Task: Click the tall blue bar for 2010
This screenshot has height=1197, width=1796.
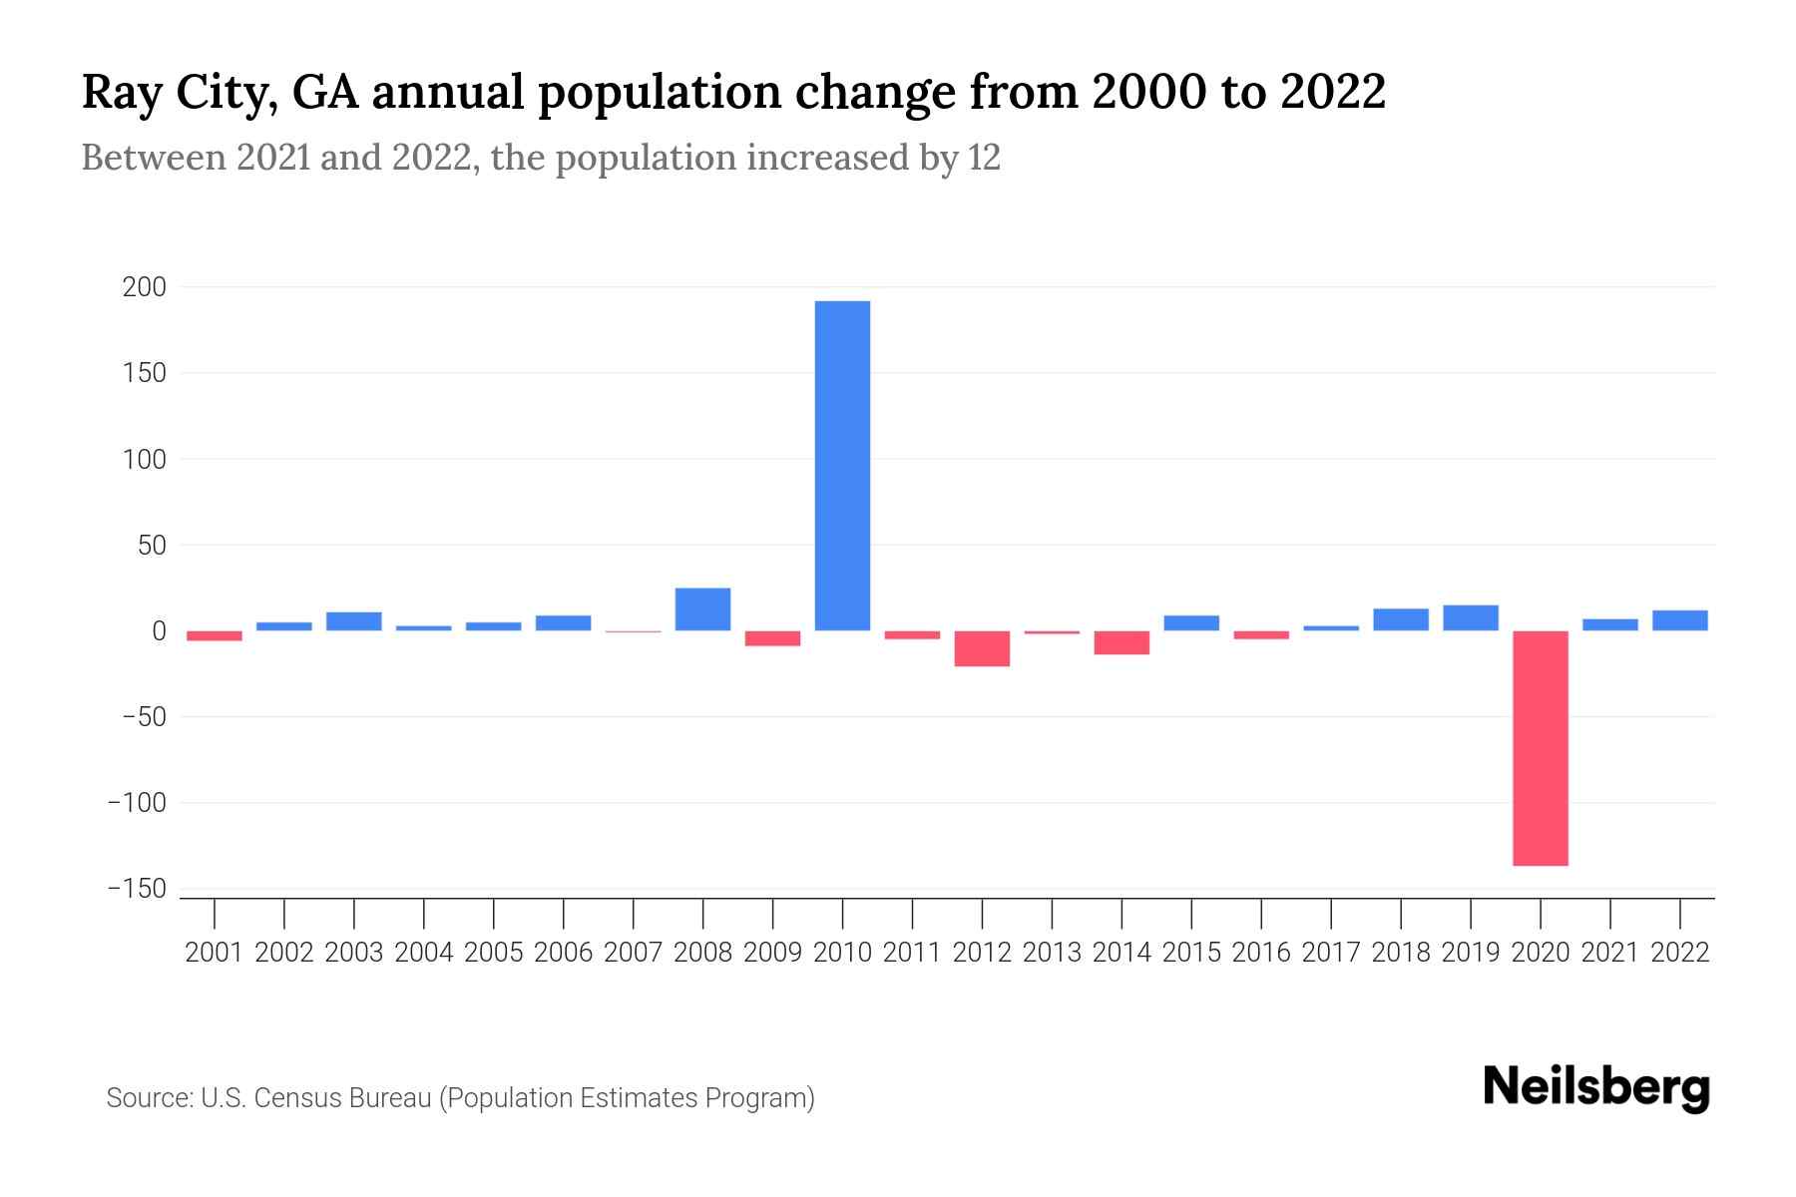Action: click(842, 466)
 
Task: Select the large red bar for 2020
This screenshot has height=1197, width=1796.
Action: click(1540, 748)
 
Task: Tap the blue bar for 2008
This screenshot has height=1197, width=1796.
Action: click(702, 609)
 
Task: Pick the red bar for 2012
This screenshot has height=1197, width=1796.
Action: click(982, 648)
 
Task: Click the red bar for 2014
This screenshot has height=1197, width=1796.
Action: click(1122, 642)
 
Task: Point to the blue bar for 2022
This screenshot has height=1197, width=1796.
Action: click(1679, 620)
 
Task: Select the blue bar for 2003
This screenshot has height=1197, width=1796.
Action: click(354, 621)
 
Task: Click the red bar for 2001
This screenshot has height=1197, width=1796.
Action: click(215, 635)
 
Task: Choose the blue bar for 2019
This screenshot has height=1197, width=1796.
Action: click(1470, 618)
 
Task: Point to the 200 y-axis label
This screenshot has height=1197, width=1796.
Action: click(144, 287)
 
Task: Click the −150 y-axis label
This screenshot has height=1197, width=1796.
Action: click(137, 889)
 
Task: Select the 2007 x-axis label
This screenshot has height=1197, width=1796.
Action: click(633, 953)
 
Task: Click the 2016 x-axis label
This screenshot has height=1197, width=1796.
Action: click(1261, 953)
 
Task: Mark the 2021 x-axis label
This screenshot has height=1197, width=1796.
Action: click(1609, 953)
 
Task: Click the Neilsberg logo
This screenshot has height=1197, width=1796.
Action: click(1596, 1087)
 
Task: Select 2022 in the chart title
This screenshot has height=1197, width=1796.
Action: click(1333, 93)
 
